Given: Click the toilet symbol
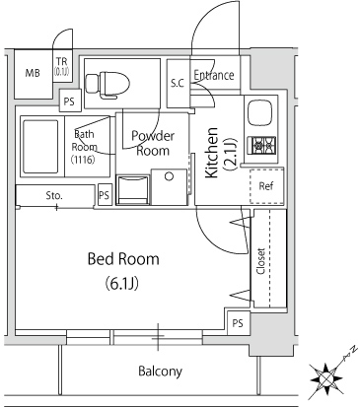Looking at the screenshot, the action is point(108,85).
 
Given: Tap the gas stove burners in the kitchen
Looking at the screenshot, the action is point(264,145).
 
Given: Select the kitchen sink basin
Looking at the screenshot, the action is point(259,112).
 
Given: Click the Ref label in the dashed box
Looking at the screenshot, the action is point(266,186).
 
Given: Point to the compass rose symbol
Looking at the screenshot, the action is point(327,378).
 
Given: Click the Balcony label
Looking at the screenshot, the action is point(160,372).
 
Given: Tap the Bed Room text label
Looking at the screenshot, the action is point(123,259).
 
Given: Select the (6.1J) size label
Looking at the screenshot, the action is point(122,284).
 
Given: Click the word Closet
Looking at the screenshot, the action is point(260,261).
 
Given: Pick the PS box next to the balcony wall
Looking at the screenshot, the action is point(239,323).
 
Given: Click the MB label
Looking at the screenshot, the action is point(33,73).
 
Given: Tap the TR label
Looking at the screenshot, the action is point(61,61).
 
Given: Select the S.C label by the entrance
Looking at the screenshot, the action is point(178,84).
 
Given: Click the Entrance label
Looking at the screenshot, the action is point(214,75).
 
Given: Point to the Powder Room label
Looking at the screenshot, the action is point(153,144).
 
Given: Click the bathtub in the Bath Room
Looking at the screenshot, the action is point(39,147).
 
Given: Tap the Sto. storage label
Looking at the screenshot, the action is point(54,196).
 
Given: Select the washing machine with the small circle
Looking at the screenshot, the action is point(169,187).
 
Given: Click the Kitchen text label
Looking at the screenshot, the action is point(211,153).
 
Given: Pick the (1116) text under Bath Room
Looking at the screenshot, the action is point(83,160).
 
